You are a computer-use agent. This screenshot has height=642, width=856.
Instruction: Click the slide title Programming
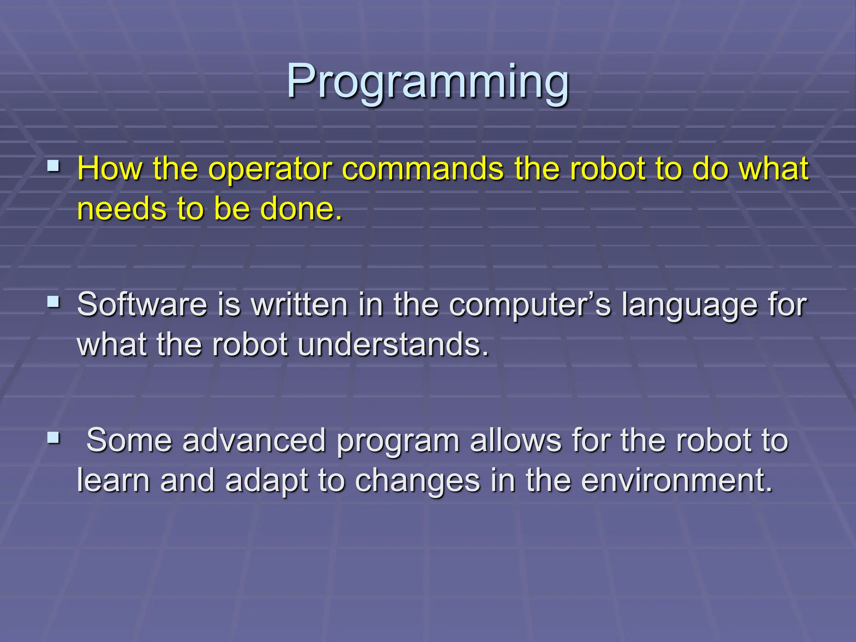click(428, 82)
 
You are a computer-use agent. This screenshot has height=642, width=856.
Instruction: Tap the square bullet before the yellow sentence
click(53, 167)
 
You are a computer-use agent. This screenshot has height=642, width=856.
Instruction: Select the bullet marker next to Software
click(53, 302)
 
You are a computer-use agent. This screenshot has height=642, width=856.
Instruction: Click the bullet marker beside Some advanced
click(53, 438)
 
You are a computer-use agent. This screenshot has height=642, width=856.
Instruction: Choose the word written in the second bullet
click(300, 304)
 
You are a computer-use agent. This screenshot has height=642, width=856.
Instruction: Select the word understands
click(393, 344)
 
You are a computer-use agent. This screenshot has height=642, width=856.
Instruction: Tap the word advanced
click(254, 440)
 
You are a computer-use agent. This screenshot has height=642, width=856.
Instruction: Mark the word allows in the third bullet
click(515, 440)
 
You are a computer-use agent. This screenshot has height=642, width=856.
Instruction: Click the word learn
click(113, 480)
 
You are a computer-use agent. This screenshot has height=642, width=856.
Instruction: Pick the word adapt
click(266, 481)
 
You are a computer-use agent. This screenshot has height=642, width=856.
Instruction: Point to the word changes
click(418, 481)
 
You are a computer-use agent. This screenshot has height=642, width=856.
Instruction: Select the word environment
click(677, 480)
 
